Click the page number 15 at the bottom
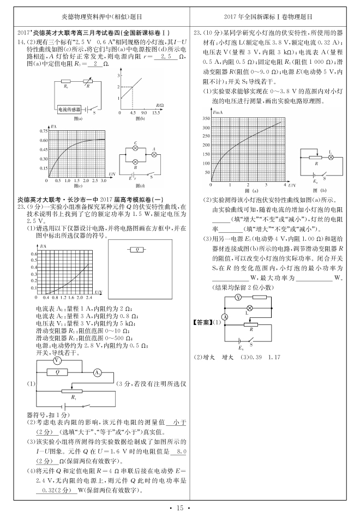tap(180, 508)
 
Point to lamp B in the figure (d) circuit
tap(135, 162)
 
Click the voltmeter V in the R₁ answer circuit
tap(57, 362)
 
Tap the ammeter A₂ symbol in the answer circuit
tap(97, 372)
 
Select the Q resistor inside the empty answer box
tap(138, 250)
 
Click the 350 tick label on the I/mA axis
tap(206, 118)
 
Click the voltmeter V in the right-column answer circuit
tap(238, 298)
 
